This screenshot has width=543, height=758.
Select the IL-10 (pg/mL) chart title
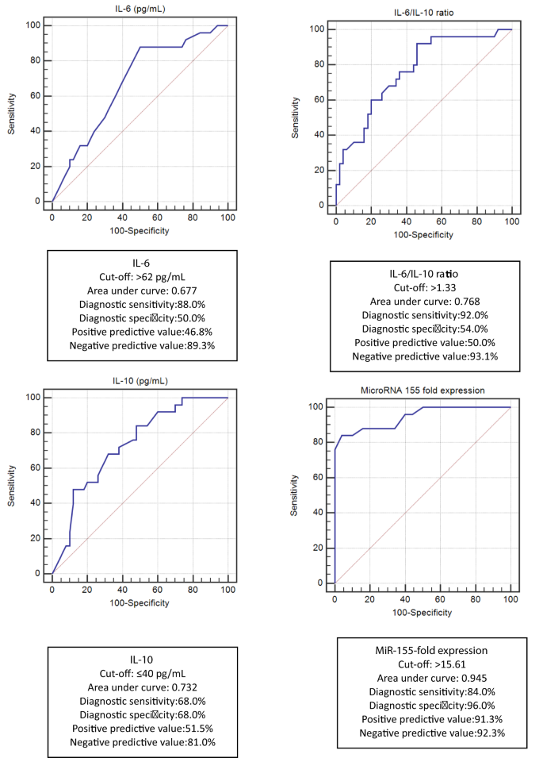(140, 382)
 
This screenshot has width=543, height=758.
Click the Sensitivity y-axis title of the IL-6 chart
(13, 113)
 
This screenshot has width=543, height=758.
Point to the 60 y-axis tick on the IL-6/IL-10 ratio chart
(319, 100)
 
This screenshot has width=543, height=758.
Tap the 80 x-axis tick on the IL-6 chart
(193, 217)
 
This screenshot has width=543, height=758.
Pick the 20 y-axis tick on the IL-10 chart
(36, 538)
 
